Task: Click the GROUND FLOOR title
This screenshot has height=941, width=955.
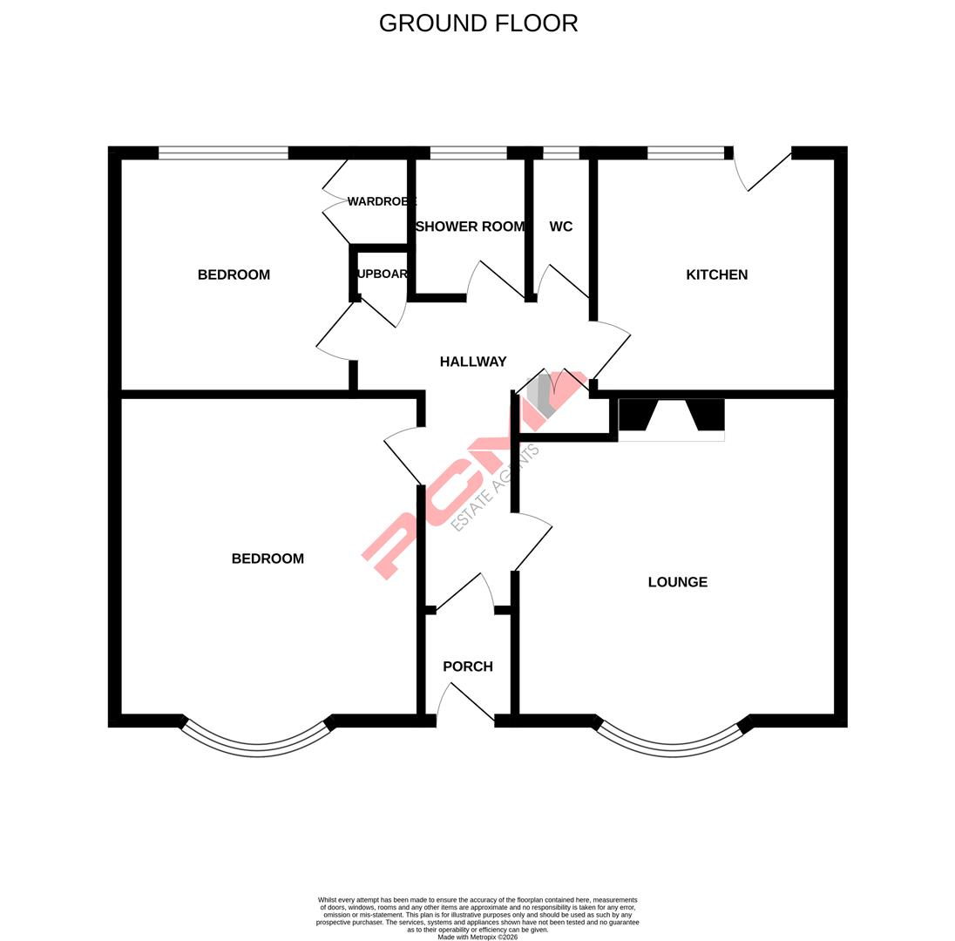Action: [x=478, y=24]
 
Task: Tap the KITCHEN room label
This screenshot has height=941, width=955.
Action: [x=716, y=274]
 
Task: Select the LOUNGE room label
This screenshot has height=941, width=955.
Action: [x=677, y=582]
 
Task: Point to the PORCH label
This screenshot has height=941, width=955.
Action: [x=468, y=667]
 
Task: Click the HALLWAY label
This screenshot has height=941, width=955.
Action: [x=473, y=362]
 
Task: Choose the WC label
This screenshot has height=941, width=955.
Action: [x=561, y=227]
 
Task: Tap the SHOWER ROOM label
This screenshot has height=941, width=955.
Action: [x=470, y=227]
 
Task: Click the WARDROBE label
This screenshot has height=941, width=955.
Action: [x=382, y=202]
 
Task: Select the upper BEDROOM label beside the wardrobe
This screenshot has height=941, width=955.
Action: [x=234, y=274]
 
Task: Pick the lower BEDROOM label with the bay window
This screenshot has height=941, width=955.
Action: [x=268, y=559]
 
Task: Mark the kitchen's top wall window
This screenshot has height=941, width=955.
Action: [x=685, y=153]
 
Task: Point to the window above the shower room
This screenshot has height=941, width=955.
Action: [x=468, y=153]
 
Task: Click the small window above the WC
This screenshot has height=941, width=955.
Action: [x=560, y=153]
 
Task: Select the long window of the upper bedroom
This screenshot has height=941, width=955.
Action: [x=223, y=153]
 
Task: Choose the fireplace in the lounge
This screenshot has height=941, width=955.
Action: [x=671, y=418]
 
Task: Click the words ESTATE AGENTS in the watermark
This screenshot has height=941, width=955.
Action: [x=495, y=489]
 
